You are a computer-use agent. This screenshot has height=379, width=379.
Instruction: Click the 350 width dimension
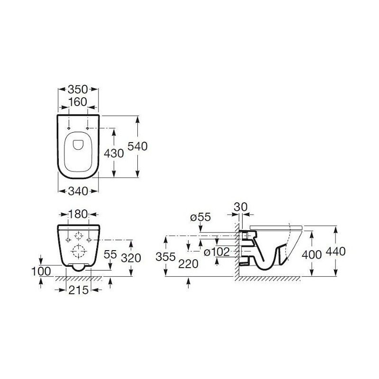coord(78,90)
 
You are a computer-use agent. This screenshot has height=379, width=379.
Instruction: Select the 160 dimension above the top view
coord(78,102)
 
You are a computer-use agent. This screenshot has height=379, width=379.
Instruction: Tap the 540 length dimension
coord(137,146)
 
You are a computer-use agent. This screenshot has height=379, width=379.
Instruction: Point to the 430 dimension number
coord(114,153)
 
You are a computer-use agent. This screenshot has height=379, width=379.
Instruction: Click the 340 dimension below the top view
coord(78,191)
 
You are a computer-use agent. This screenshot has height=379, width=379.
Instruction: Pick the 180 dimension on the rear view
coord(78,214)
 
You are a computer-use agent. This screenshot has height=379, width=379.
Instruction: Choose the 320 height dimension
coord(131,258)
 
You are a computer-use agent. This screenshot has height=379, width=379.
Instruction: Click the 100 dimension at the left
coord(41,271)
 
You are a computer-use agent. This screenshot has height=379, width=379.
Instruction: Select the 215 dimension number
coord(78,290)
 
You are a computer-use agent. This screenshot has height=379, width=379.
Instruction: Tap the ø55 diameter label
coord(200,217)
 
